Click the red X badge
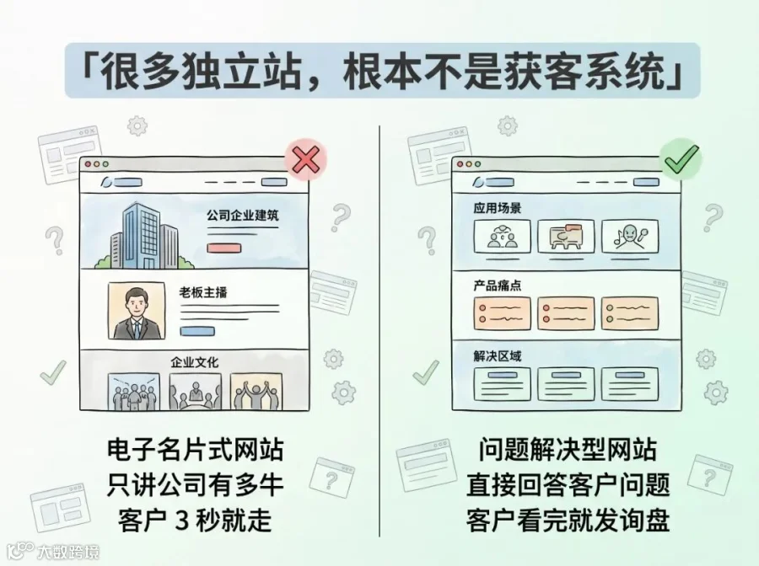305,160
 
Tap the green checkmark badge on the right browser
681,158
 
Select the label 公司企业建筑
243,216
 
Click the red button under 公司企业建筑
224,248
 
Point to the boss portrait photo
136,312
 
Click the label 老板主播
203,292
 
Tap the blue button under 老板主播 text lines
197,331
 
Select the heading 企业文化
194,362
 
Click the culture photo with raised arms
256,392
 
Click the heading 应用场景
497,208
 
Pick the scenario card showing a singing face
630,237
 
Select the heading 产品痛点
497,286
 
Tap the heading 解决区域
497,356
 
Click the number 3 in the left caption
181,521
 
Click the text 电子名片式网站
195,450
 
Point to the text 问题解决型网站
568,450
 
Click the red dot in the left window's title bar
88,164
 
